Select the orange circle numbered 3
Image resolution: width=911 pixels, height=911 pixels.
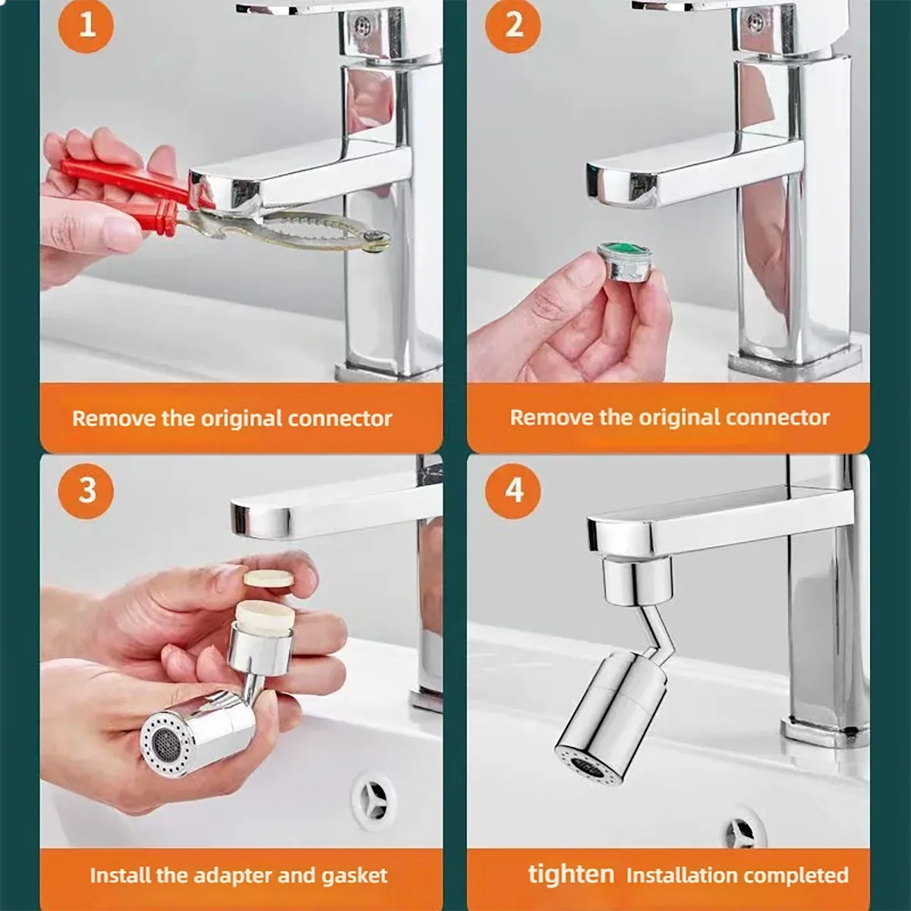click(86, 490)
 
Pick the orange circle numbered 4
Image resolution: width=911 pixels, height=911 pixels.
click(514, 490)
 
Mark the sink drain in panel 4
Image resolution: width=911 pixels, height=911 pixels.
click(740, 834)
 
